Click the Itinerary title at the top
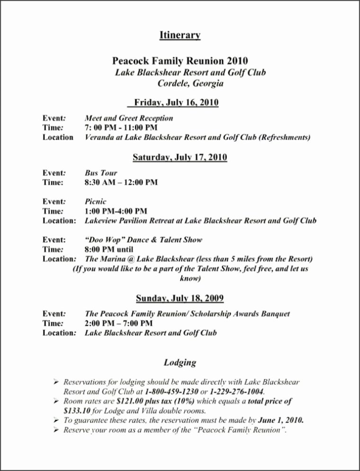pyautogui.click(x=180, y=36)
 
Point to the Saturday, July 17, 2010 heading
pyautogui.click(x=180, y=157)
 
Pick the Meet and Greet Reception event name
pyautogui.click(x=129, y=118)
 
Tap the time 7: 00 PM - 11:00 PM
pyautogui.click(x=121, y=127)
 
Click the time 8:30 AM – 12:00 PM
pyautogui.click(x=121, y=182)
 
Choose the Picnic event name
pyautogui.click(x=97, y=202)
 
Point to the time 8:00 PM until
pyautogui.click(x=109, y=249)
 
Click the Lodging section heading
pyautogui.click(x=180, y=363)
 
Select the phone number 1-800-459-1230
pyautogui.click(x=172, y=392)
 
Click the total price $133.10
pyautogui.click(x=73, y=410)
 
